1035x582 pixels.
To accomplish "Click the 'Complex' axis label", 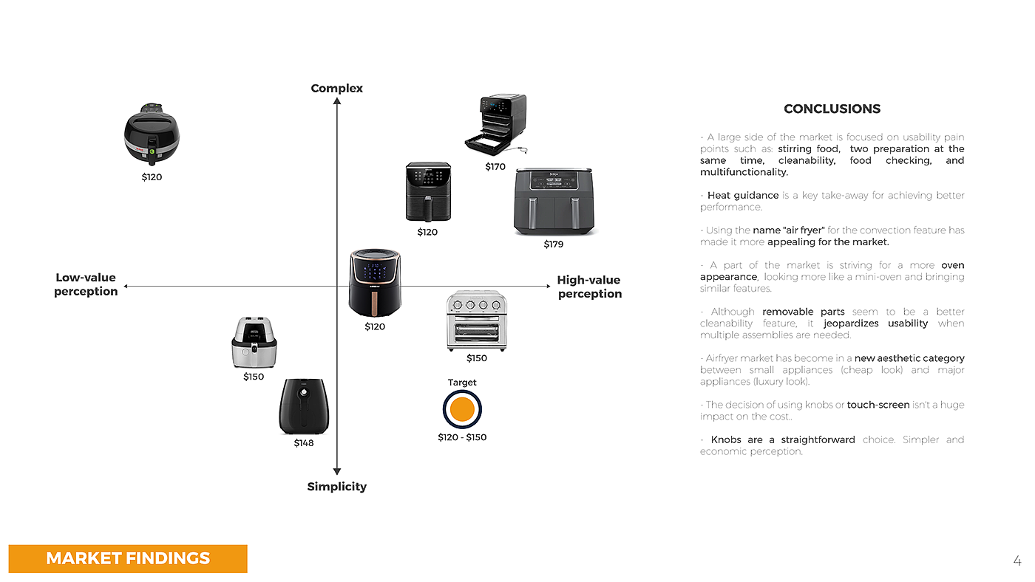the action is click(x=336, y=88).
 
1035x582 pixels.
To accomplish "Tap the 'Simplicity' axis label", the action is click(x=337, y=487).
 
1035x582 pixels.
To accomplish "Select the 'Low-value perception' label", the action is click(x=86, y=284).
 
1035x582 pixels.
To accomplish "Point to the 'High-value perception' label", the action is click(x=589, y=287).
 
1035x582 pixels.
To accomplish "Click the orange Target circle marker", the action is click(x=462, y=409).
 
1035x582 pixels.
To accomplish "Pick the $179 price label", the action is click(x=553, y=244).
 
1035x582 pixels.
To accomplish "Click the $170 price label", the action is click(x=495, y=167).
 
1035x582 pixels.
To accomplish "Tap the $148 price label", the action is click(x=304, y=443).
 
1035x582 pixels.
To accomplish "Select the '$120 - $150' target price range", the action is click(x=462, y=437).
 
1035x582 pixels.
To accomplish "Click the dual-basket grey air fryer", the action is click(x=554, y=202).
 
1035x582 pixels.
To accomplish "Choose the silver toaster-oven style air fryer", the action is click(x=476, y=321).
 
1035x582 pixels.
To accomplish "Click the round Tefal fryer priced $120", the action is click(x=152, y=134).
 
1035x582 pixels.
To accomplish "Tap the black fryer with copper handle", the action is click(x=375, y=283).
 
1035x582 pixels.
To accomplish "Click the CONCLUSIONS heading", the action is click(x=832, y=109).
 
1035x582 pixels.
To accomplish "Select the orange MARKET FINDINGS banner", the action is click(x=128, y=558).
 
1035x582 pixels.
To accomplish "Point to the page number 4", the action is click(x=1017, y=561).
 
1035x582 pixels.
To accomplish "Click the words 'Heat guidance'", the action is click(x=743, y=195).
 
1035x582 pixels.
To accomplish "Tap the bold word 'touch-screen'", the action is click(x=878, y=405).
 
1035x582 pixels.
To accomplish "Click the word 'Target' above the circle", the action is click(x=462, y=382).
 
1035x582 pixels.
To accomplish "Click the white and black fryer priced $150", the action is click(x=254, y=342).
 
